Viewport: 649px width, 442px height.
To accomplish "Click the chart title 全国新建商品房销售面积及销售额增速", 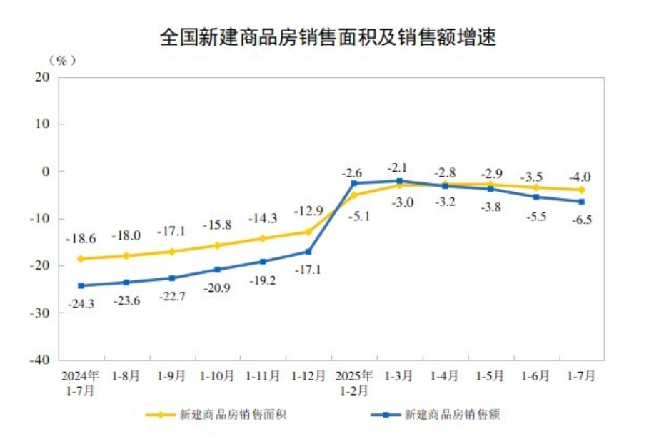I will (x=328, y=38).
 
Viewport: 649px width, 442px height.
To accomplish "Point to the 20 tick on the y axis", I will (x=42, y=77).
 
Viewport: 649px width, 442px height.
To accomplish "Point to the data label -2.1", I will (x=399, y=167).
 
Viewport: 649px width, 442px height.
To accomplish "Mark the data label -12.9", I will (x=308, y=212).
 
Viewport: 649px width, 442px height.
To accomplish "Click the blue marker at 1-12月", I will (x=308, y=252).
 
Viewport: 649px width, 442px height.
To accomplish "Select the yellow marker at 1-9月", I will (x=172, y=252).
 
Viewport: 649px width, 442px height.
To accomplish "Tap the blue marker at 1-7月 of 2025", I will (x=582, y=202).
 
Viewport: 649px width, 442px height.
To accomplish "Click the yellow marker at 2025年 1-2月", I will (x=354, y=195).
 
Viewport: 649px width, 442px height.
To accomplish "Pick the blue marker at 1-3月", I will (x=400, y=181).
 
